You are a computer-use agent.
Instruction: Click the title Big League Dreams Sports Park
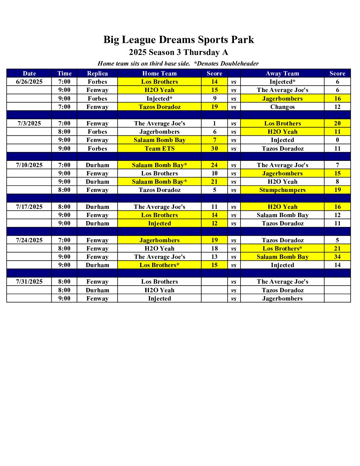pyautogui.click(x=178, y=40)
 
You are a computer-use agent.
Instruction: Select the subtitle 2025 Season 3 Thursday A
pyautogui.click(x=178, y=52)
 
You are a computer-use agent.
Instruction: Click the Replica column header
pyautogui.click(x=97, y=73)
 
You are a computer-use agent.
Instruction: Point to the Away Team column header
pyautogui.click(x=282, y=73)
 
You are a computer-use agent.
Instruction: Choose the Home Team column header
pyautogui.click(x=159, y=73)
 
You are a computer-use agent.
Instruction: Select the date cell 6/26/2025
pyautogui.click(x=29, y=82)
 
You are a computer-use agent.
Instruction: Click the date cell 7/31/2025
pyautogui.click(x=29, y=282)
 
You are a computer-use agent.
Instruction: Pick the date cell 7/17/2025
pyautogui.click(x=29, y=207)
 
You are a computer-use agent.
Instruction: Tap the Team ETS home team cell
pyautogui.click(x=159, y=149)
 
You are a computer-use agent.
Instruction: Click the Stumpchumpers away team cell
pyautogui.click(x=282, y=190)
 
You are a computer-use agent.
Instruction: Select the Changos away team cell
pyautogui.click(x=282, y=107)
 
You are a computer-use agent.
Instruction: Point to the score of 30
pyautogui.click(x=214, y=149)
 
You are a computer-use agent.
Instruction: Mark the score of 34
pyautogui.click(x=337, y=257)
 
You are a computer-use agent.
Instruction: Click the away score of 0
pyautogui.click(x=337, y=140)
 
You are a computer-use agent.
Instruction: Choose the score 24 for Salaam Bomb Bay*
pyautogui.click(x=214, y=165)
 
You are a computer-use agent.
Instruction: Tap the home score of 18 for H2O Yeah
pyautogui.click(x=214, y=249)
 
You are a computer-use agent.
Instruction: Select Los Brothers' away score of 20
pyautogui.click(x=337, y=123)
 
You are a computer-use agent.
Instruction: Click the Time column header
pyautogui.click(x=64, y=73)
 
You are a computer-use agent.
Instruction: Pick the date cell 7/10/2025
pyautogui.click(x=29, y=165)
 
